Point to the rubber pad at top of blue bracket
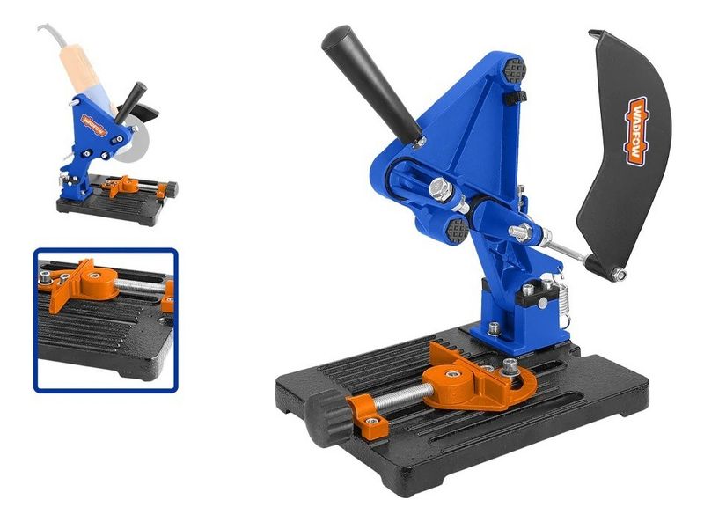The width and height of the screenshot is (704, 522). coord(514,69)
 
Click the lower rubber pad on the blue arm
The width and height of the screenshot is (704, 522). coord(458,231)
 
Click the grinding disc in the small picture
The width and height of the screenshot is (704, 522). coord(134,142)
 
